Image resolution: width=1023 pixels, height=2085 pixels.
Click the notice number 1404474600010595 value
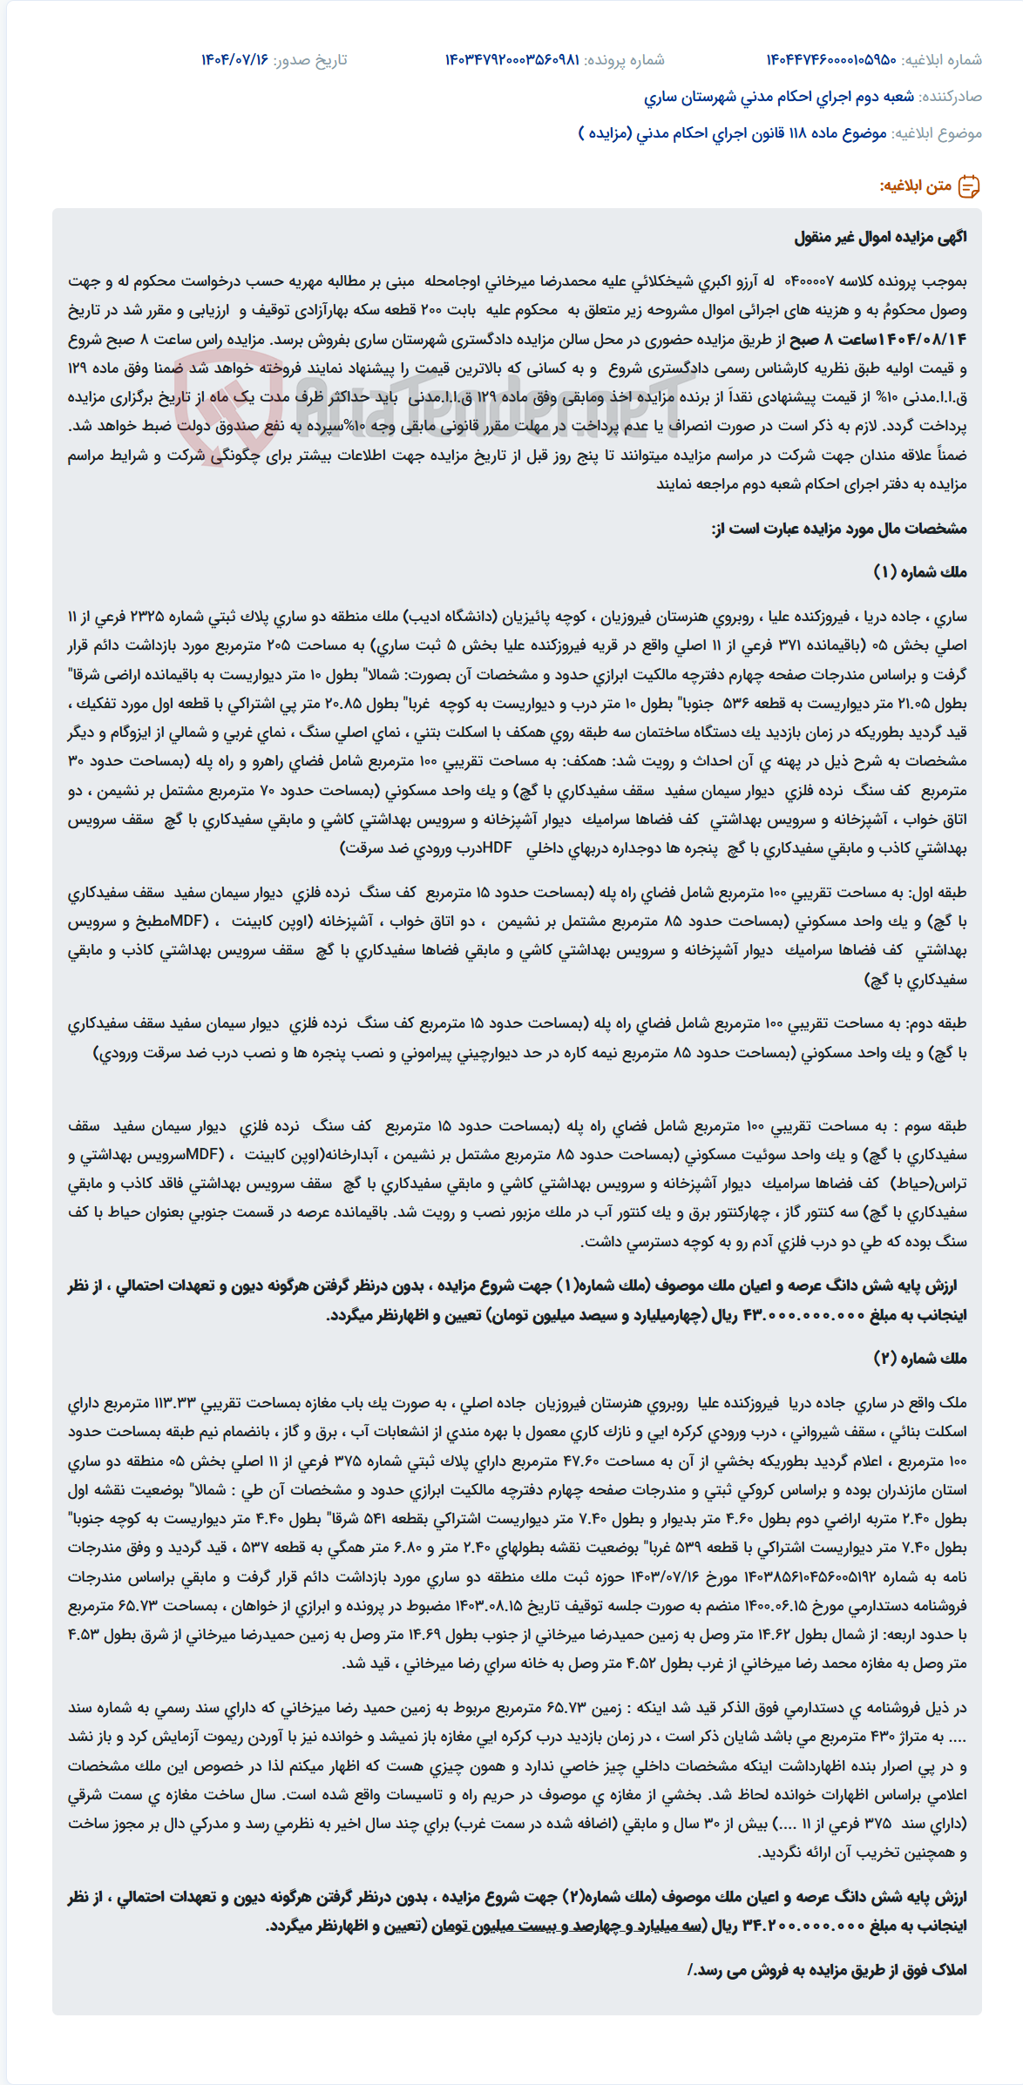coord(830,60)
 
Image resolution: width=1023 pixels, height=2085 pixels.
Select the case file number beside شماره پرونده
coord(511,60)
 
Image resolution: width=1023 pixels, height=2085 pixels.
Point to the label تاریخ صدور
coord(310,60)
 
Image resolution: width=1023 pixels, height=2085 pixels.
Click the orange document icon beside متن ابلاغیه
coord(969,186)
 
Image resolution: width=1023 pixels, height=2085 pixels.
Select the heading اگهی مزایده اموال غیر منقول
coord(880,238)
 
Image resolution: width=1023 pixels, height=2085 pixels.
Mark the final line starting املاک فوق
coord(828,1970)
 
